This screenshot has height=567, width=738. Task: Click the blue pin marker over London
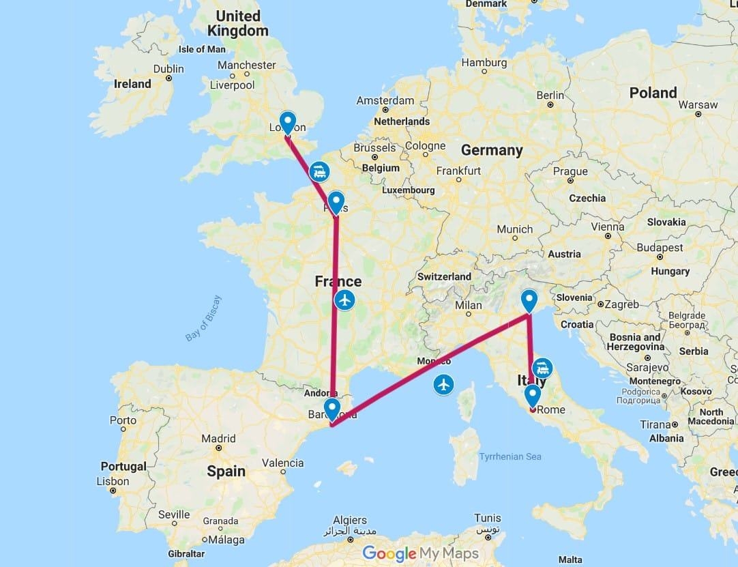click(288, 122)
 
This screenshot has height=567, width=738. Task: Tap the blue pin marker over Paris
click(336, 202)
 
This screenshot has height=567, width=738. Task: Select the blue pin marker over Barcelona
click(332, 409)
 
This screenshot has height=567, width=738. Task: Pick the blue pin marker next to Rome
click(532, 395)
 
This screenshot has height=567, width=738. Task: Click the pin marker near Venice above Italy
click(529, 300)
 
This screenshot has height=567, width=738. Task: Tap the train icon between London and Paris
click(319, 171)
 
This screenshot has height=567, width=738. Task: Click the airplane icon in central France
click(345, 300)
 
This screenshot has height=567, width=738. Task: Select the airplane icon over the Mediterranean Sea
click(444, 385)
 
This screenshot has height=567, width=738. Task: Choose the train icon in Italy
click(543, 368)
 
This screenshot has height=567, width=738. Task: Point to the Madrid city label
click(218, 439)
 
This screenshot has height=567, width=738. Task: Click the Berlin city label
click(550, 95)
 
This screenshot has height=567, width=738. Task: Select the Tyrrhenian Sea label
click(510, 456)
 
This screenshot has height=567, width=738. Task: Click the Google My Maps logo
click(420, 553)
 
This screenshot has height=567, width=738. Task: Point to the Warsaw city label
click(698, 104)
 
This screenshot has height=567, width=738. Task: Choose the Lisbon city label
click(113, 481)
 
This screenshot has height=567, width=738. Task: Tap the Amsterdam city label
click(385, 100)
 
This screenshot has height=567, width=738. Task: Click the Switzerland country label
click(444, 276)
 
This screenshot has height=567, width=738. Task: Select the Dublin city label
click(168, 69)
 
